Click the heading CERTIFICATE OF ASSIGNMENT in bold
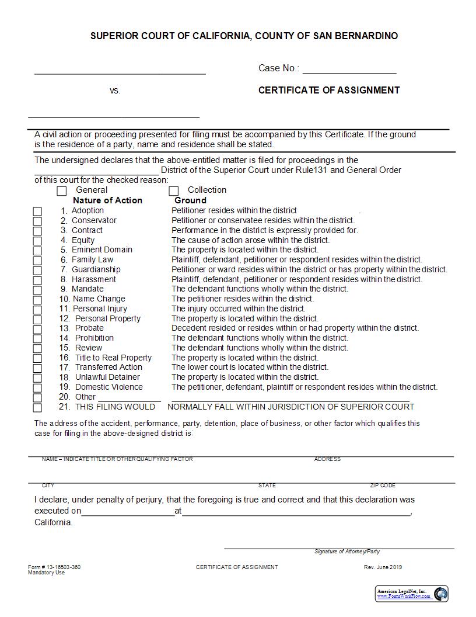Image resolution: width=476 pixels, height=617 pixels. click(x=329, y=90)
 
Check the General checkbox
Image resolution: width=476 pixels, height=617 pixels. click(x=62, y=190)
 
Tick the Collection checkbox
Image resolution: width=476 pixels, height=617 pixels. click(x=173, y=190)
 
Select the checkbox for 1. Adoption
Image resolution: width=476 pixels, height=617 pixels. click(x=37, y=212)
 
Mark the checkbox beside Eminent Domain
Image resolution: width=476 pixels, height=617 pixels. click(x=37, y=251)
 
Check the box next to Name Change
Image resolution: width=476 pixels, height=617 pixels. click(x=37, y=300)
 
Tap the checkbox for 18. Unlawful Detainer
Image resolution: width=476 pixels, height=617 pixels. click(x=37, y=378)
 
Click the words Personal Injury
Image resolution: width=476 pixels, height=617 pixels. click(x=100, y=308)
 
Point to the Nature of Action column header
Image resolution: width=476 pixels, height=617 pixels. click(x=107, y=200)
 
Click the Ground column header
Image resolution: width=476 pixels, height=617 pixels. click(x=190, y=200)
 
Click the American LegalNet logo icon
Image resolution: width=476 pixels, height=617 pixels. click(x=440, y=594)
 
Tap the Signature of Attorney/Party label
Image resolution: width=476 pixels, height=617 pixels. click(x=347, y=552)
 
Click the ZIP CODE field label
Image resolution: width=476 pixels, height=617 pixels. click(x=383, y=486)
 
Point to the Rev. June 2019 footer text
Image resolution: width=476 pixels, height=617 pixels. click(x=383, y=567)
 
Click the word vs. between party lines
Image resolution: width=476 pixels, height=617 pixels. click(x=115, y=91)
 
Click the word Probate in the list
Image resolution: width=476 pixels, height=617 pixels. click(x=89, y=328)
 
